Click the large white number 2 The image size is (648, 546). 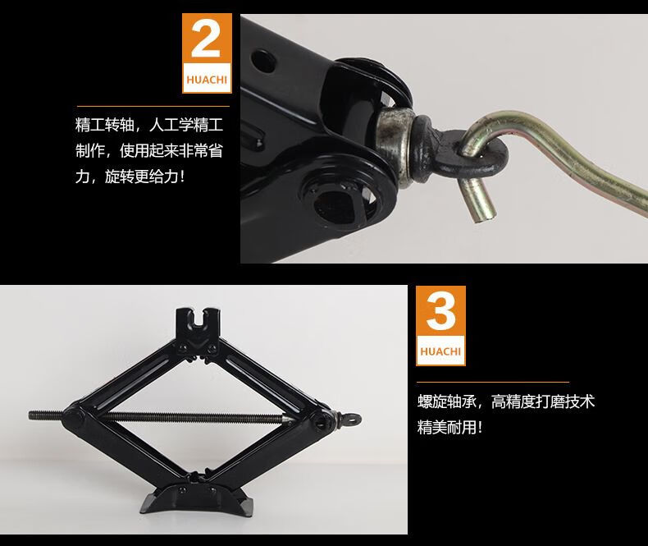tap(206, 39)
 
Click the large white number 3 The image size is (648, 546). tap(440, 311)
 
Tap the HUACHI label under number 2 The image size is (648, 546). tap(207, 80)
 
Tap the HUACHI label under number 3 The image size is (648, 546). tap(440, 351)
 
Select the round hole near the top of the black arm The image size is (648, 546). tap(263, 61)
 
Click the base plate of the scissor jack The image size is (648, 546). tap(196, 498)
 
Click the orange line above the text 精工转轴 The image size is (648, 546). tap(153, 107)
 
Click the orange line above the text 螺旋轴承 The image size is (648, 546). tap(493, 383)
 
